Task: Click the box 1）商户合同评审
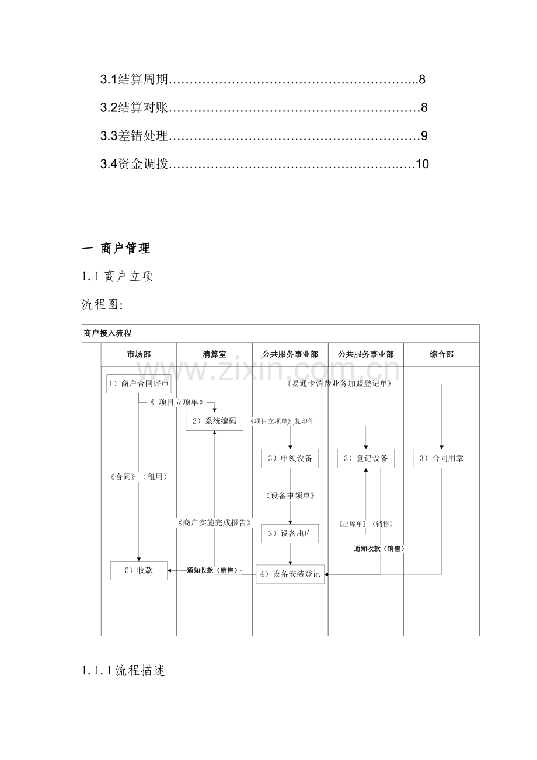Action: [x=139, y=384]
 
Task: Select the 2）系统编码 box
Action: [x=214, y=421]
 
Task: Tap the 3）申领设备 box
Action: [x=290, y=458]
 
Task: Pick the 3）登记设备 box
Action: [x=366, y=458]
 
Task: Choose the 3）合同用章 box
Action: [x=441, y=458]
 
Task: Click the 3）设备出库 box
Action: [x=290, y=534]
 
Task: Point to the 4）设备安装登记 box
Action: [x=290, y=574]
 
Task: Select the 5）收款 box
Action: [x=139, y=570]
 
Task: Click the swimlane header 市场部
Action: [x=139, y=354]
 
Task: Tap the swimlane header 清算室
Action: [x=214, y=354]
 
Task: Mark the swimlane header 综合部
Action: [x=441, y=354]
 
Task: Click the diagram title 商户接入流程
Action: [x=107, y=333]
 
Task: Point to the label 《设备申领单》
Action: [x=290, y=496]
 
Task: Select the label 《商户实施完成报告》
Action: [x=214, y=522]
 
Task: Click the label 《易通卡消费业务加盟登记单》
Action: [x=339, y=384]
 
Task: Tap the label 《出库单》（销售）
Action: [x=366, y=524]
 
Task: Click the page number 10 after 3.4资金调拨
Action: [x=423, y=164]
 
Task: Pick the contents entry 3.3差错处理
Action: [x=134, y=135]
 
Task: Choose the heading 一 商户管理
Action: [x=116, y=249]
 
